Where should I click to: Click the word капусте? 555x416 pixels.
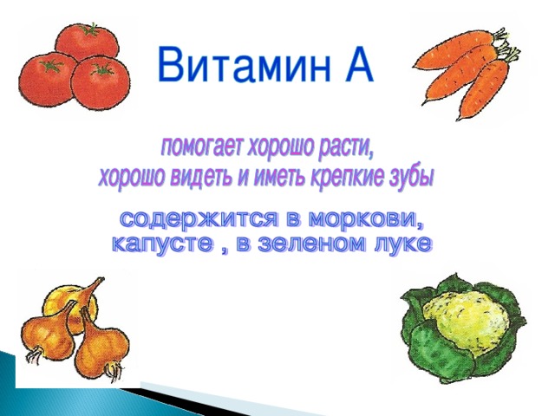tap(164, 244)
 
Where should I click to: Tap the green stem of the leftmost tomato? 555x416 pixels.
tap(52, 66)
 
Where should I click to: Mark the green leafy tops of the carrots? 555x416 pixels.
tap(506, 46)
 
